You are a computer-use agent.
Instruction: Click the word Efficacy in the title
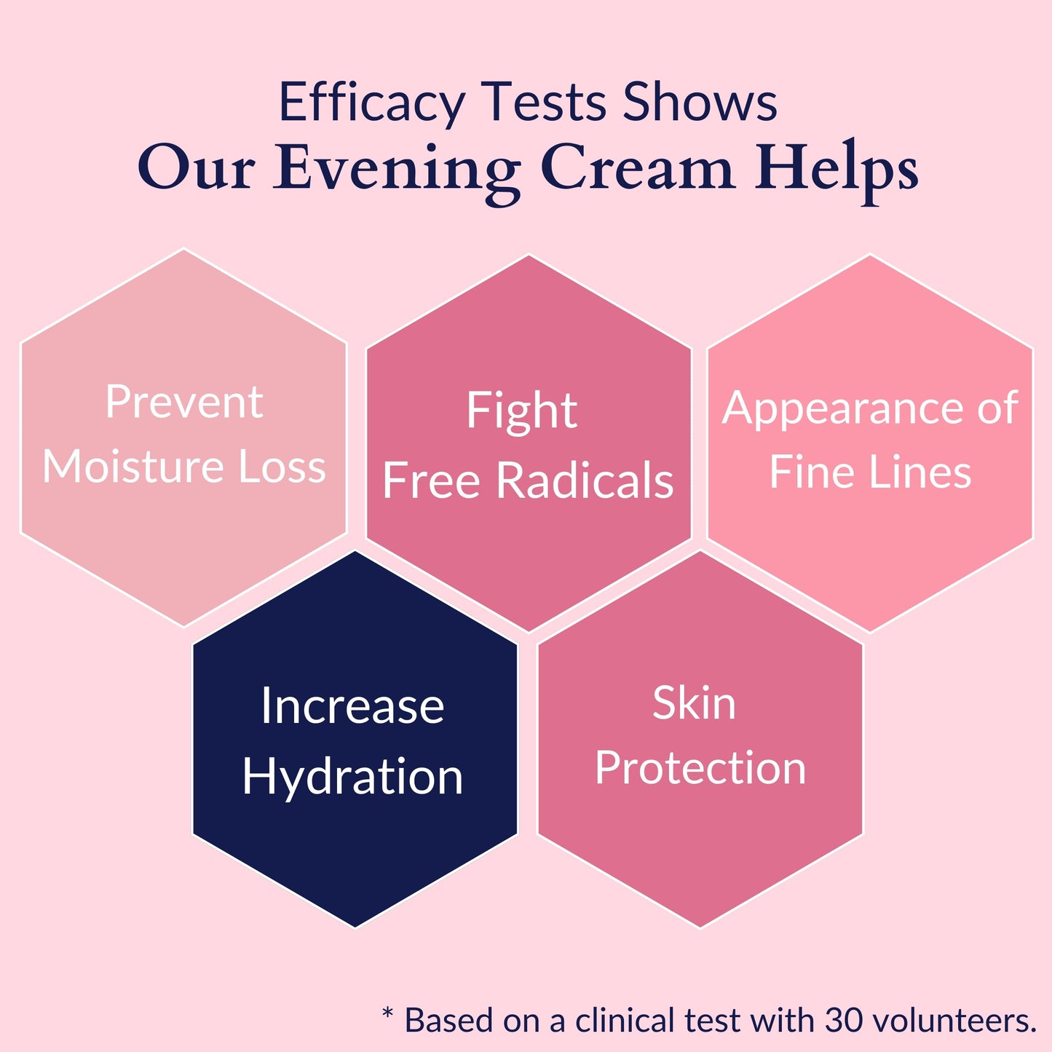(372, 103)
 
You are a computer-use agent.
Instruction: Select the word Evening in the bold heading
(396, 170)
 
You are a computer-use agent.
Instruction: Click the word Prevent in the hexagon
(184, 402)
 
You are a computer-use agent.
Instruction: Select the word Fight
(522, 411)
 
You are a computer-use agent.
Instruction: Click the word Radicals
(585, 480)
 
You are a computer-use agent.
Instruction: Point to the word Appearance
(845, 409)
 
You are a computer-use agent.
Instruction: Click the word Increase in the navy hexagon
(352, 706)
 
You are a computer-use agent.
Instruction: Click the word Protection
(700, 767)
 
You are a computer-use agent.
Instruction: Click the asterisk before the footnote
(387, 1013)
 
